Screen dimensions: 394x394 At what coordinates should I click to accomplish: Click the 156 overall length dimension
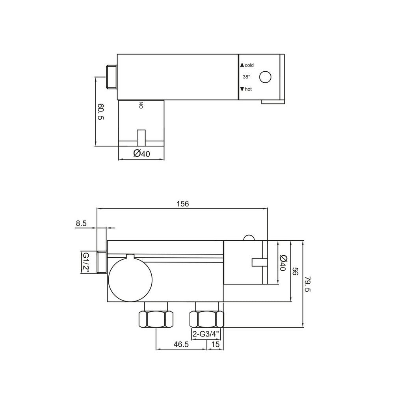[183, 204]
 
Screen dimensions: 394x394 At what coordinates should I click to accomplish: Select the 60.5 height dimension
[100, 112]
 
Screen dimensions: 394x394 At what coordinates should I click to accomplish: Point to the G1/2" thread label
[85, 263]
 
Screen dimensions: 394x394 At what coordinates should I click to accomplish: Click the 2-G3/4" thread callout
[206, 334]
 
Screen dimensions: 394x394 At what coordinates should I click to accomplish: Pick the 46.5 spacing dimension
[180, 344]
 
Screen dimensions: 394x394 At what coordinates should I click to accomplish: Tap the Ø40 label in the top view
[141, 154]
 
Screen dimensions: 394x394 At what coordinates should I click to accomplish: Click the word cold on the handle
[249, 65]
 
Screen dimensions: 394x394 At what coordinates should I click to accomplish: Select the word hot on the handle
[248, 89]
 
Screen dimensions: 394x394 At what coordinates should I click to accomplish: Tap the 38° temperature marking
[247, 77]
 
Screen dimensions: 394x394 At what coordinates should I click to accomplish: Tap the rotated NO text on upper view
[141, 105]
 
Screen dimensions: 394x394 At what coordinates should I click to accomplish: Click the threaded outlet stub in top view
[112, 76]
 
